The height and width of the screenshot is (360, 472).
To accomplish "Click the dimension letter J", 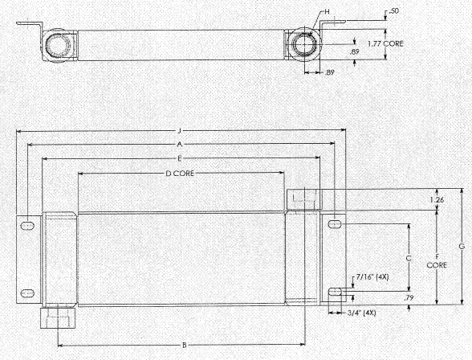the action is (180, 131).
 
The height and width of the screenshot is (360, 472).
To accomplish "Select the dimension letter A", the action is (180, 145).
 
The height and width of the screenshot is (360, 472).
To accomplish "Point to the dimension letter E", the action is (180, 158).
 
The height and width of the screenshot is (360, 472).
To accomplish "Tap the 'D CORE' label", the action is (180, 174).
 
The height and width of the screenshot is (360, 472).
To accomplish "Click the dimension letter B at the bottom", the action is (185, 346).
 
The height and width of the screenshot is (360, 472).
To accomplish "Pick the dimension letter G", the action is (462, 247).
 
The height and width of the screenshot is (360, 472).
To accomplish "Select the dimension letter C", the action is (409, 258).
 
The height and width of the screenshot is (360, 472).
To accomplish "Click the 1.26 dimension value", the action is (437, 200).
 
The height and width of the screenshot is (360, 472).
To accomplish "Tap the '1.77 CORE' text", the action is (385, 43).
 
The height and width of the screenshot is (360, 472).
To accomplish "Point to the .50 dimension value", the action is (393, 11).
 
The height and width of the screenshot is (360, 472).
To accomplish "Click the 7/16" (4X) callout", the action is (372, 277).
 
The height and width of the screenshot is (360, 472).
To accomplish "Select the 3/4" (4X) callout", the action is (362, 313).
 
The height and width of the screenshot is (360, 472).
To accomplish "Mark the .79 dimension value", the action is (409, 298).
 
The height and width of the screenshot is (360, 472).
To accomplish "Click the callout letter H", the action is (327, 12).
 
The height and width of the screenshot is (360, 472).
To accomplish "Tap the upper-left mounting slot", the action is (27, 225).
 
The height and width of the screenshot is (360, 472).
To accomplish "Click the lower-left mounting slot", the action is (27, 292).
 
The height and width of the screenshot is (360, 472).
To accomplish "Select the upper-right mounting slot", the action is (334, 224).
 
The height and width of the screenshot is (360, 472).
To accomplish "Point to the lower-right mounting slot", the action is (335, 292).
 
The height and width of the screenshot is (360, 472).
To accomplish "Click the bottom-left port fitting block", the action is (58, 317).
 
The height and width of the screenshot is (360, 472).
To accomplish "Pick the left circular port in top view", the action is (58, 46).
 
